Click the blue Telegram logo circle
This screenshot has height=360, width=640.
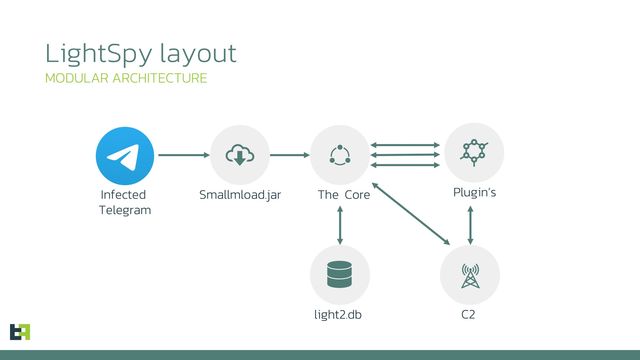tap(125, 156)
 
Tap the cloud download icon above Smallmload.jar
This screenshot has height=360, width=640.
tap(240, 155)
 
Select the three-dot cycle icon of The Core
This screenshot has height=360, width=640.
tap(340, 155)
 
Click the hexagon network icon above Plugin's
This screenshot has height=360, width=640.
tap(474, 153)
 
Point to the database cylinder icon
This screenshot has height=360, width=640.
tap(339, 274)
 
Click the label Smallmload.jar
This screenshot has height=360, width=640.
tap(240, 195)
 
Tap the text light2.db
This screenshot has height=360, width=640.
tap(338, 315)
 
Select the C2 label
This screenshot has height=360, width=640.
tap(468, 315)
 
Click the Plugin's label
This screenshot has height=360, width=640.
tap(474, 192)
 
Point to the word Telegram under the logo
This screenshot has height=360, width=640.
tap(125, 210)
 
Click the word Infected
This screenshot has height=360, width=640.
tap(123, 195)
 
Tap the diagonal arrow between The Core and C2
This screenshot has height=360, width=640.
tap(411, 214)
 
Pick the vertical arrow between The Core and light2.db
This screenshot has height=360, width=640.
tap(340, 225)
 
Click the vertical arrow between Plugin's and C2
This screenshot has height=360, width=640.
tap(470, 225)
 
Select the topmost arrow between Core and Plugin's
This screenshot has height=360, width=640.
tap(405, 145)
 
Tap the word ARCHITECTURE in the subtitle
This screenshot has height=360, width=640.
tap(160, 78)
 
